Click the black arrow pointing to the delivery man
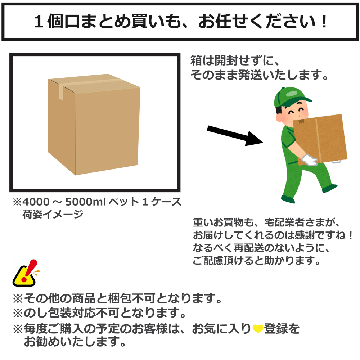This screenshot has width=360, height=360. click(235, 136)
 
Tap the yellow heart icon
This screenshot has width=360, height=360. click(258, 329)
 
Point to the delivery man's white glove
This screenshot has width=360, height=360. click(309, 160)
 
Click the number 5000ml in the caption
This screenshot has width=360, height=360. click(85, 202)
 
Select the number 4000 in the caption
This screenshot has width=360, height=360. click(36, 202)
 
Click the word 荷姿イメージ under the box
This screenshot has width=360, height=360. click(53, 215)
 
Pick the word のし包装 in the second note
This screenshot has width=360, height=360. click(48, 313)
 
